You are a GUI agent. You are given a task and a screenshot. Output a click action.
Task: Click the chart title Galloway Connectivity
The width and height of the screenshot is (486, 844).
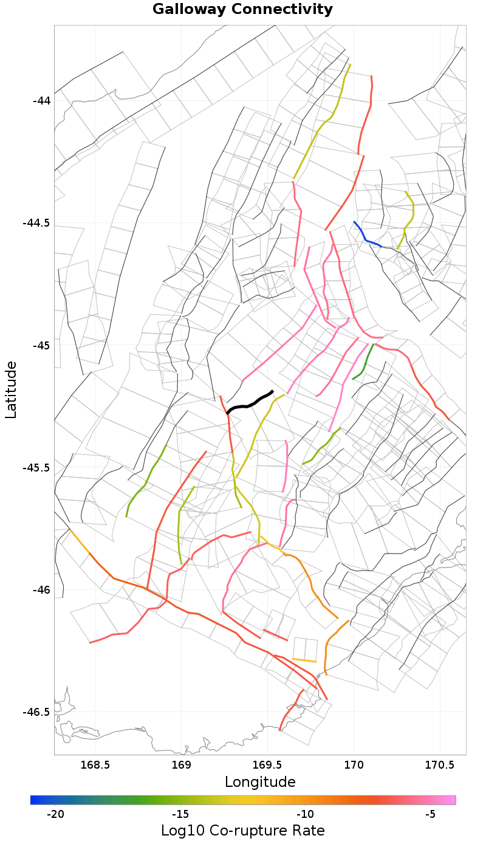coord(242,10)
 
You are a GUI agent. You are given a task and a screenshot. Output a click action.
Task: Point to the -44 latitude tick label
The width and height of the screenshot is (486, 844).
coord(43,100)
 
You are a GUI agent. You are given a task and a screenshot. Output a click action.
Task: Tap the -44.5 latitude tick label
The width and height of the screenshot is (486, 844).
coord(38,222)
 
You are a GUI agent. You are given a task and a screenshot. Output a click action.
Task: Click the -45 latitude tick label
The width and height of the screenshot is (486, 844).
coord(43,345)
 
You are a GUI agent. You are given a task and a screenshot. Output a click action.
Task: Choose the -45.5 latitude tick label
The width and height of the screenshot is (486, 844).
coord(38,467)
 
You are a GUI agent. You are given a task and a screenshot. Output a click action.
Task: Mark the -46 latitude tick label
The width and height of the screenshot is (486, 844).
coord(43,590)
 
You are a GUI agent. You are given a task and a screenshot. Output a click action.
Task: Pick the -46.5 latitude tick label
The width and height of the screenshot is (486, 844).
coord(38,712)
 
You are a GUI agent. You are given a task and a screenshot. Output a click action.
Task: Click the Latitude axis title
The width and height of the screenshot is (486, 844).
coord(11,389)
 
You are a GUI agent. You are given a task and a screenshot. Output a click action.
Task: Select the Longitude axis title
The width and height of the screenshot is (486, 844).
coord(260,781)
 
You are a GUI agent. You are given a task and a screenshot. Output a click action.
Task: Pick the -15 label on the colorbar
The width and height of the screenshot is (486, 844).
coord(180,814)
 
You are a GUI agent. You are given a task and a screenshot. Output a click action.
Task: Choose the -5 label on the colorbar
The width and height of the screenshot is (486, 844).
coord(430,814)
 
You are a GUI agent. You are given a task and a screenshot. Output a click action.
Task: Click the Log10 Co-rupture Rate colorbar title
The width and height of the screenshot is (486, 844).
coord(243,831)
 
